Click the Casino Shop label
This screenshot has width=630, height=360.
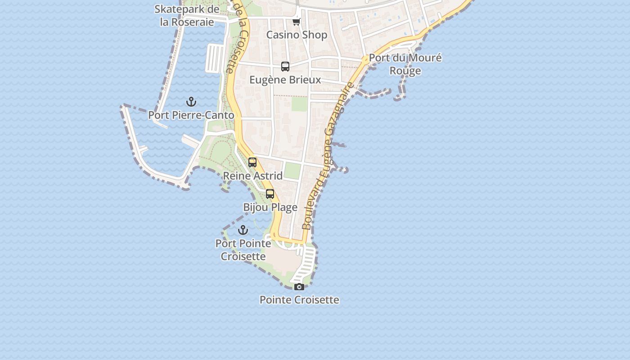click(x=297, y=35)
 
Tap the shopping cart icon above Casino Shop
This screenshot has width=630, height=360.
click(x=296, y=22)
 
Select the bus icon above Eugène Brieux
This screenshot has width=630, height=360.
click(x=285, y=67)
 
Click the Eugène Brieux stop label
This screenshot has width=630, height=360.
click(x=285, y=80)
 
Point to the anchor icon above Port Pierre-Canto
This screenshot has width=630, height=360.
click(x=191, y=102)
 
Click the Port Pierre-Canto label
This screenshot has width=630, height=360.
click(x=191, y=115)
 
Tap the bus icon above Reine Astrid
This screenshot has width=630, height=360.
click(x=252, y=162)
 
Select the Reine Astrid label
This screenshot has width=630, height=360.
click(x=253, y=176)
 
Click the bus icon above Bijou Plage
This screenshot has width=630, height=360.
click(x=270, y=194)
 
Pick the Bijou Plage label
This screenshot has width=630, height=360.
click(x=270, y=207)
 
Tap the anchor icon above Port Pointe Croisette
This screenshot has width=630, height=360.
click(x=243, y=230)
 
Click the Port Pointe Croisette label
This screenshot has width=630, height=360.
click(x=243, y=250)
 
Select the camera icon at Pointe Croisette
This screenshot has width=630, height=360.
click(x=299, y=287)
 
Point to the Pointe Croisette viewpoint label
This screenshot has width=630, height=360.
click(x=299, y=300)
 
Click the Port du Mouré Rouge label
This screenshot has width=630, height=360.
click(x=405, y=64)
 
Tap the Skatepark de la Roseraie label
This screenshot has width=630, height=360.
click(x=187, y=15)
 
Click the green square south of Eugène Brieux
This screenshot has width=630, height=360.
click(x=299, y=104)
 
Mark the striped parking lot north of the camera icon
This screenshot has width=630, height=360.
click(x=306, y=261)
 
